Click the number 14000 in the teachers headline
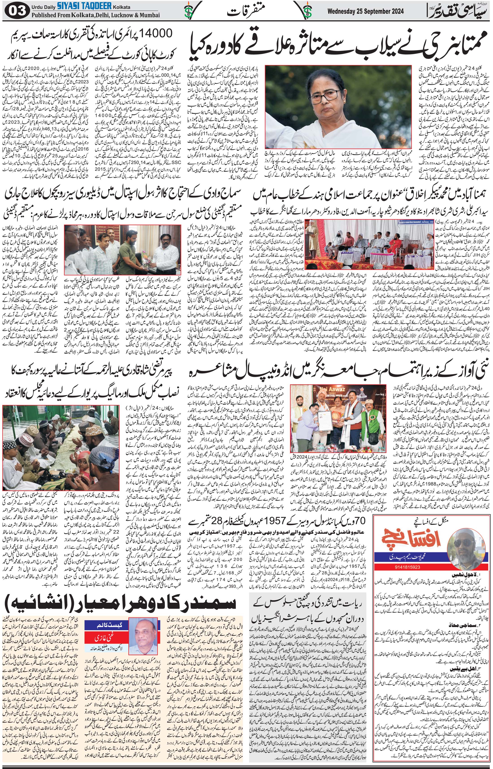tap(153, 33)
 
